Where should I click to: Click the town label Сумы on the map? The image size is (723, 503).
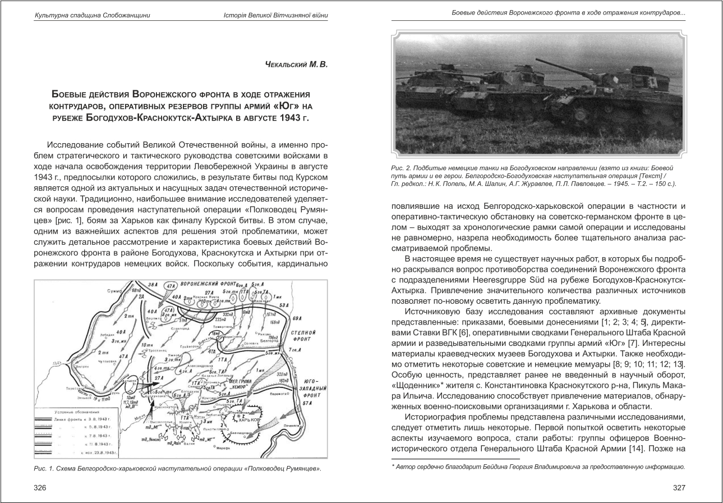(x=113, y=292)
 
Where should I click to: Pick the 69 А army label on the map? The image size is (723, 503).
(x=297, y=318)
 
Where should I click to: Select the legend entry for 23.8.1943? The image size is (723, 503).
(x=94, y=451)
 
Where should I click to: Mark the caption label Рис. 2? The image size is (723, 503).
(x=402, y=168)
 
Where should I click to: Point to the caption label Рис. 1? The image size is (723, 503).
(x=45, y=469)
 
